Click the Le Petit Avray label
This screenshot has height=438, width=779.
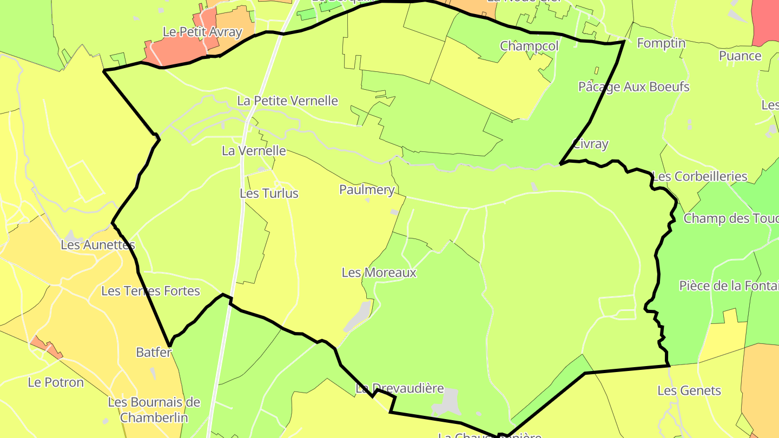(x=202, y=32)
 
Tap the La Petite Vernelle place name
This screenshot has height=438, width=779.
(x=288, y=101)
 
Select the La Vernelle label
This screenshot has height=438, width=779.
(x=254, y=150)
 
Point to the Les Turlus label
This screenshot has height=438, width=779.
(x=269, y=193)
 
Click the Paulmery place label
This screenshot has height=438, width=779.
(x=367, y=189)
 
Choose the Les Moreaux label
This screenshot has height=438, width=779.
(x=379, y=272)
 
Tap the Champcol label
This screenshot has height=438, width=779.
(x=529, y=46)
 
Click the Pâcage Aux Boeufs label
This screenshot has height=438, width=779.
(x=633, y=87)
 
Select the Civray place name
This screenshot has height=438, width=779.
(x=590, y=144)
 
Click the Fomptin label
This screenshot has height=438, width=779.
(x=661, y=43)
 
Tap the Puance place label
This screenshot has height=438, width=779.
(x=740, y=56)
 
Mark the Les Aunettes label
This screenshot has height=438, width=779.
(x=98, y=245)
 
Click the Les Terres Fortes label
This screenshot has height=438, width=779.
(x=151, y=291)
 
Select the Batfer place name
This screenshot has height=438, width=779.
(x=154, y=353)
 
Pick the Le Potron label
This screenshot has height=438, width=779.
(x=56, y=382)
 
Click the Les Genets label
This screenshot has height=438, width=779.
(x=689, y=390)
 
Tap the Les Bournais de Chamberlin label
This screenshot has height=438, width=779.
(x=154, y=410)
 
